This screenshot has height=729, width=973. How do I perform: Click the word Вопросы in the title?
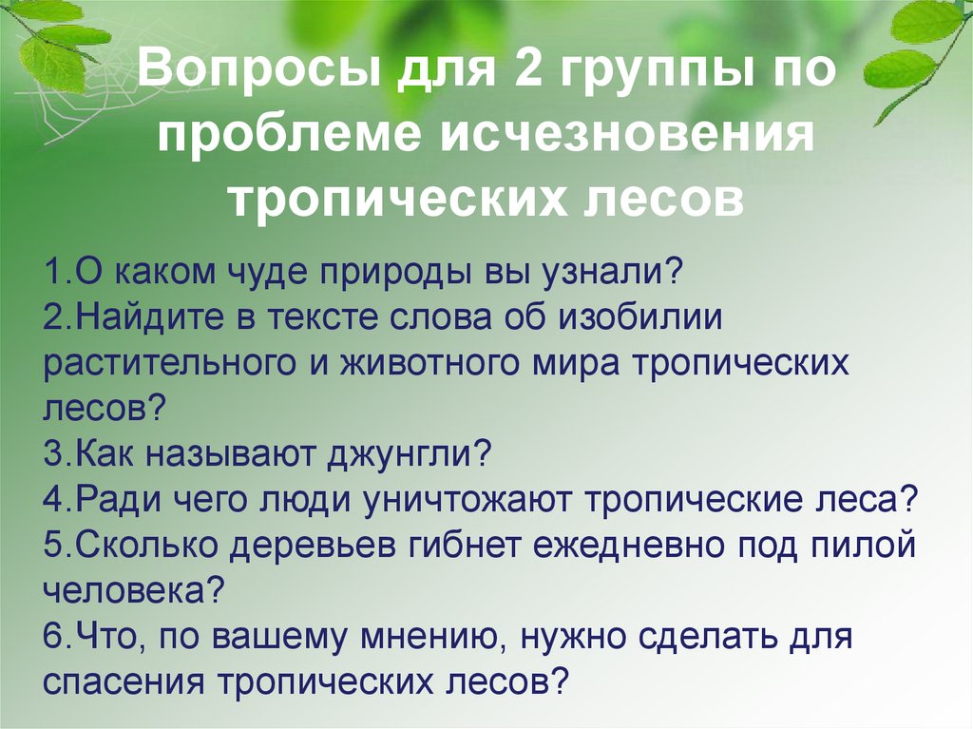pyautogui.click(x=248, y=74)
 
